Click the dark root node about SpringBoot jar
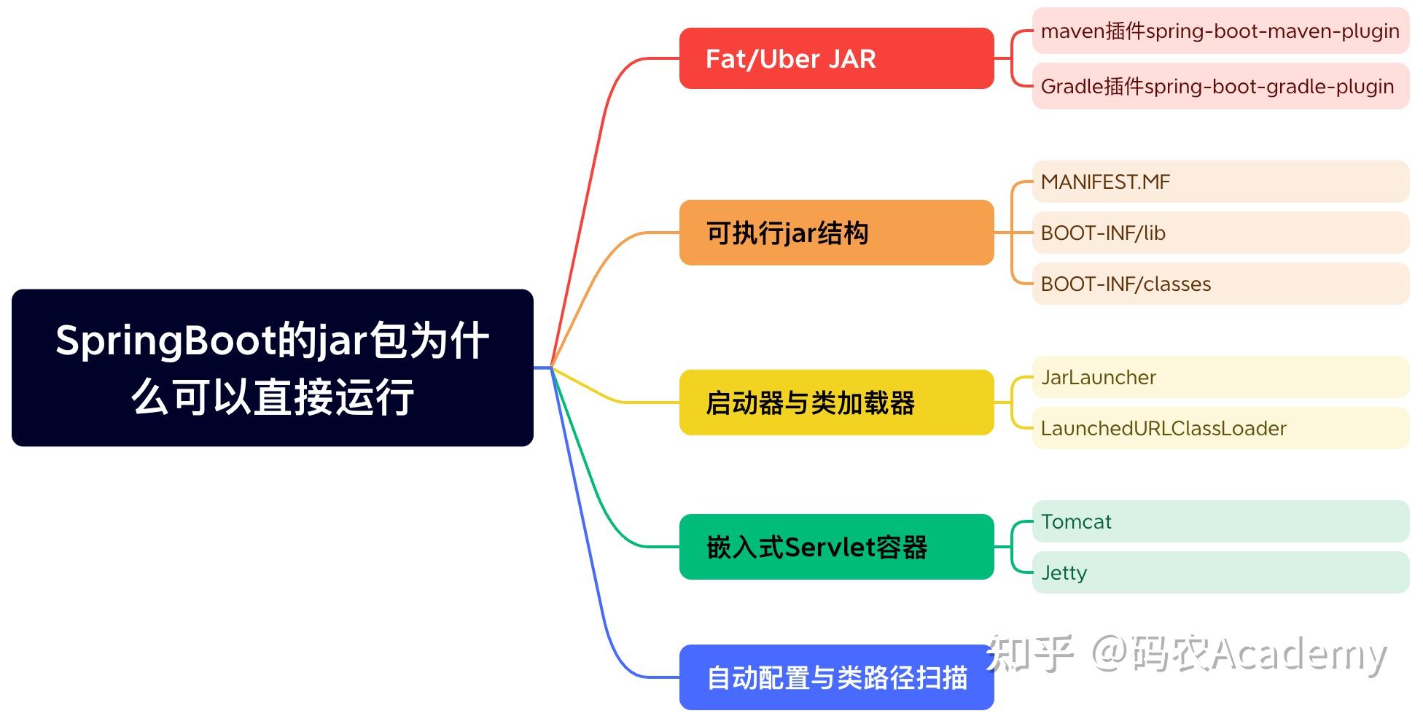(x=272, y=367)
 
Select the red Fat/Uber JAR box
(x=836, y=58)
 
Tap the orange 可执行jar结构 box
(x=836, y=233)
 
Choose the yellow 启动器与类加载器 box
(x=836, y=402)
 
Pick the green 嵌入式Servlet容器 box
(x=836, y=547)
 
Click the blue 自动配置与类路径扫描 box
(x=836, y=677)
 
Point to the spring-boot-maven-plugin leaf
(x=1220, y=31)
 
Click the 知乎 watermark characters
(x=1029, y=653)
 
